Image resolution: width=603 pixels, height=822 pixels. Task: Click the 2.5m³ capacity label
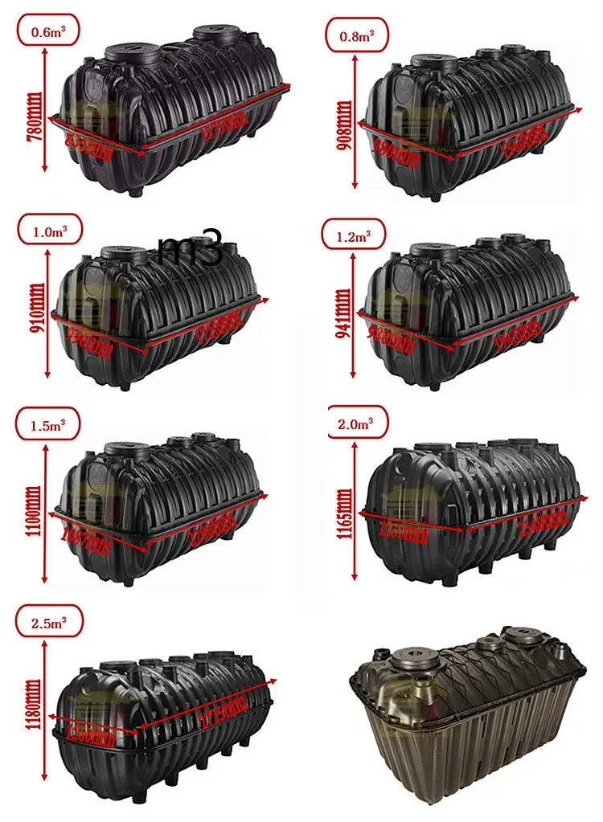(47, 621)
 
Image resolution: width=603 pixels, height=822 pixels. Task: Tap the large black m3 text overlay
(191, 251)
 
